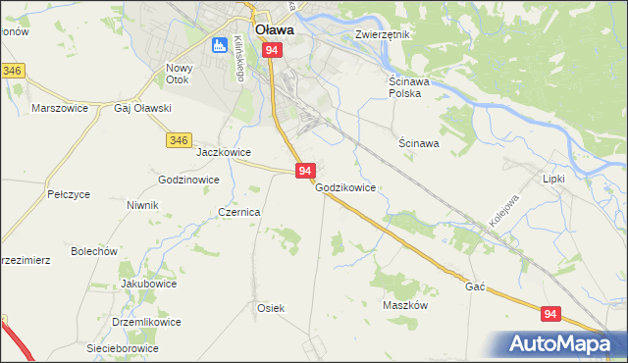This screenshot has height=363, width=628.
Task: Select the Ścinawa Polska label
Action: [401, 87]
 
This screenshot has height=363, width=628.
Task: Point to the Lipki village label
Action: [554, 180]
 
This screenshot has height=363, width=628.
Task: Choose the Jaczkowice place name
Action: [225, 153]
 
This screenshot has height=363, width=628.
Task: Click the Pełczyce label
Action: [69, 195]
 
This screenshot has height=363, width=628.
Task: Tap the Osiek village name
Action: [271, 308]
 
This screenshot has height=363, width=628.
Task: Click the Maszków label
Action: [405, 305]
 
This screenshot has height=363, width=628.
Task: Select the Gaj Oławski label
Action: [143, 108]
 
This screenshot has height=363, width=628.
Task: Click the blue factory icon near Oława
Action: [219, 45]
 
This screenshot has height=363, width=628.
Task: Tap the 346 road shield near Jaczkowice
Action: [178, 141]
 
